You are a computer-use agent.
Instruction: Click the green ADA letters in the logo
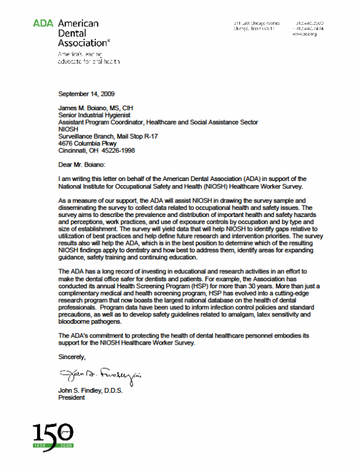(x=43, y=24)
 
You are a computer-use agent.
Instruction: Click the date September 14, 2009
(x=86, y=93)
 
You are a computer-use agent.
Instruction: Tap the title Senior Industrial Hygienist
(x=95, y=115)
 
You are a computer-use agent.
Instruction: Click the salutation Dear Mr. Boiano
(x=88, y=165)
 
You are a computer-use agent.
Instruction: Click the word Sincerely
(x=72, y=356)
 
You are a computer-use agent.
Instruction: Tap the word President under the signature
(x=72, y=398)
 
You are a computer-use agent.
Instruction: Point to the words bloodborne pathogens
(x=91, y=322)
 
